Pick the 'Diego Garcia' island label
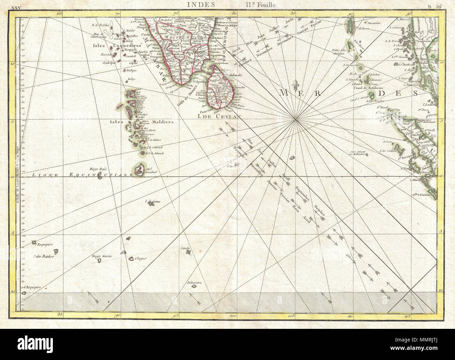click(101, 256)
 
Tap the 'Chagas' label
click(140, 259)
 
